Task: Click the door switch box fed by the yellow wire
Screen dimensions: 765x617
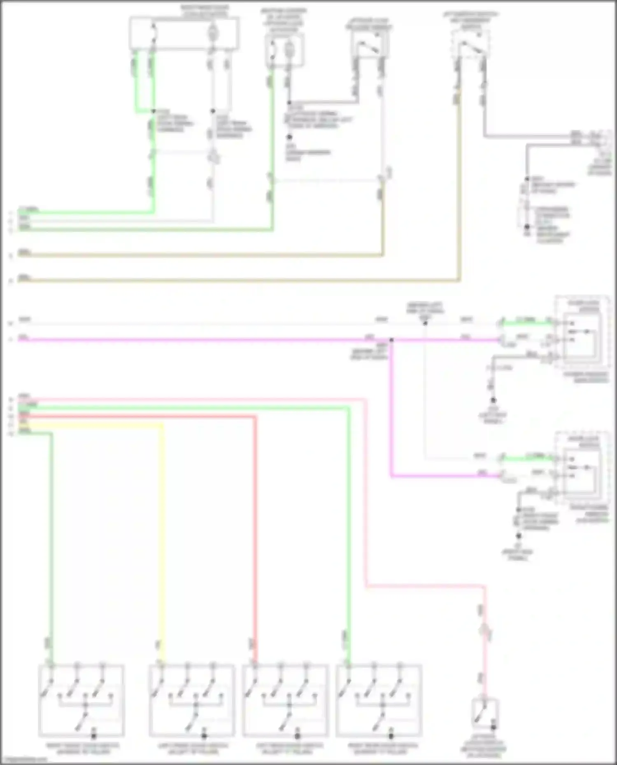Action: tap(192, 700)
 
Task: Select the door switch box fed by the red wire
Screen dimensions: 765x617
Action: tap(285, 700)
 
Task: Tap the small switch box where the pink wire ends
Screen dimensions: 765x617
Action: tap(485, 714)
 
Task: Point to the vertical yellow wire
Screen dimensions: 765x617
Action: tap(162, 534)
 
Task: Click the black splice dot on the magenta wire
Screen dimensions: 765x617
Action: tap(391, 340)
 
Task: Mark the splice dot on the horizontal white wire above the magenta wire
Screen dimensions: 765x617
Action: tap(425, 324)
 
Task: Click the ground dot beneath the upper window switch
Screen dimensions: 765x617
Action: tap(493, 400)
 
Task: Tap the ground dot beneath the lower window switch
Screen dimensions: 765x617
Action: tap(519, 536)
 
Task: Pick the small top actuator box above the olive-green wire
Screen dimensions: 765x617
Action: tap(285, 50)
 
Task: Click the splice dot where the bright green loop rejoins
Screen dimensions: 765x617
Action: tap(153, 111)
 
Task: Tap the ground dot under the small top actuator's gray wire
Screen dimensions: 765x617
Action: tap(289, 137)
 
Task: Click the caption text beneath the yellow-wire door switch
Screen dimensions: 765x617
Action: tap(192, 749)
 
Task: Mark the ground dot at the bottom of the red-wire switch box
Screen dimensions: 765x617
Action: tap(297, 735)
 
